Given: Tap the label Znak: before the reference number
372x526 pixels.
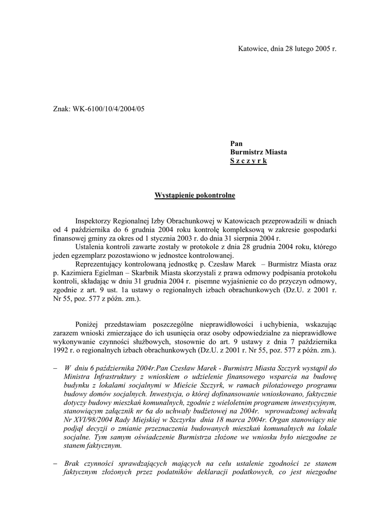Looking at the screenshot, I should (62, 108).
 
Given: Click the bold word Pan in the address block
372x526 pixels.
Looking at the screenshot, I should (236, 144).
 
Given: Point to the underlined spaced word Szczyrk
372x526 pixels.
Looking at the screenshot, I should (249, 161).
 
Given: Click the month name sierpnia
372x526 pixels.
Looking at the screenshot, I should (241, 238).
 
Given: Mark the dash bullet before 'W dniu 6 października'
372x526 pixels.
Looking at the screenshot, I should (55, 368).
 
